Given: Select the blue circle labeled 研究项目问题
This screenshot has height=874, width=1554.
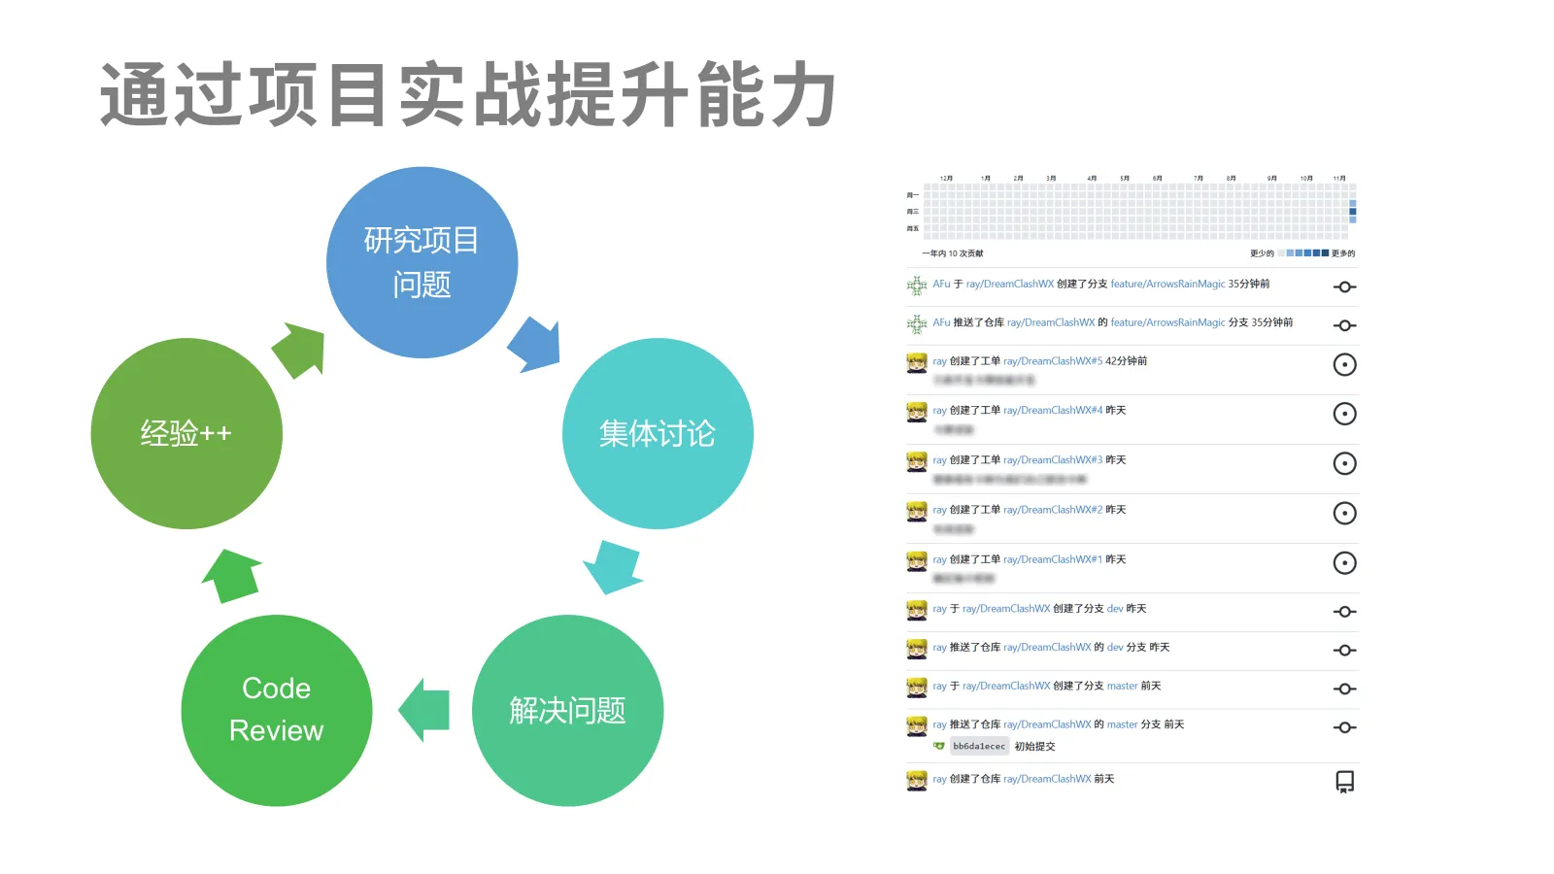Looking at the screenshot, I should pos(422,262).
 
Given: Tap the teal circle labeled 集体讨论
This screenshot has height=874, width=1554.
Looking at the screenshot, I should pos(658,433).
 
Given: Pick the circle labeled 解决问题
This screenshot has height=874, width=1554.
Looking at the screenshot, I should pos(567,710).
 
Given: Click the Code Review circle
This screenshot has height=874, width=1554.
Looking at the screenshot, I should pos(277,710).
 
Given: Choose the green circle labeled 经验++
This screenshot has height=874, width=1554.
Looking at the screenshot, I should pos(186,433).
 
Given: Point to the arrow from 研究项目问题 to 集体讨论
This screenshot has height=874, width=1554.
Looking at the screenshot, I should pos(536,345).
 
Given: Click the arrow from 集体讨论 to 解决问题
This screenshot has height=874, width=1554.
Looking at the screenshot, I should pos(614,567).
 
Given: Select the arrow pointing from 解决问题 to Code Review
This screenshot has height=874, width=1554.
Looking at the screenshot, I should pos(425,710).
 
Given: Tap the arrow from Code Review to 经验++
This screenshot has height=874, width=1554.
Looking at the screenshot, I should pos(232,575).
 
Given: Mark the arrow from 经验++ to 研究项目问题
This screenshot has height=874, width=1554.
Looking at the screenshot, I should pos(299,350).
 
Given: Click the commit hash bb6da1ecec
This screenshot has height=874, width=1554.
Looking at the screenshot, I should pos(979,747).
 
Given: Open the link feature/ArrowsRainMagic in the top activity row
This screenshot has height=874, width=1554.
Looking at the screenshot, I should pos(1167,285).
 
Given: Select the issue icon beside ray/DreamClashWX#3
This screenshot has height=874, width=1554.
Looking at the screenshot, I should pos(1344,463).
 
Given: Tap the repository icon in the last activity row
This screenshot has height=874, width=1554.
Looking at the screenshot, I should pos(1344,782).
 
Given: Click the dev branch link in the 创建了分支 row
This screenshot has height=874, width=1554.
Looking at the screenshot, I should pos(1115,609).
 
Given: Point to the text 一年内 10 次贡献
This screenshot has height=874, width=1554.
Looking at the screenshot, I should pos(952,253).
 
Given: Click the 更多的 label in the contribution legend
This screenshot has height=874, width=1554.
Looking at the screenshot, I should pos(1343,253).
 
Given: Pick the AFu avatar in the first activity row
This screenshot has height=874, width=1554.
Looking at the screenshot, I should pos(917,286).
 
